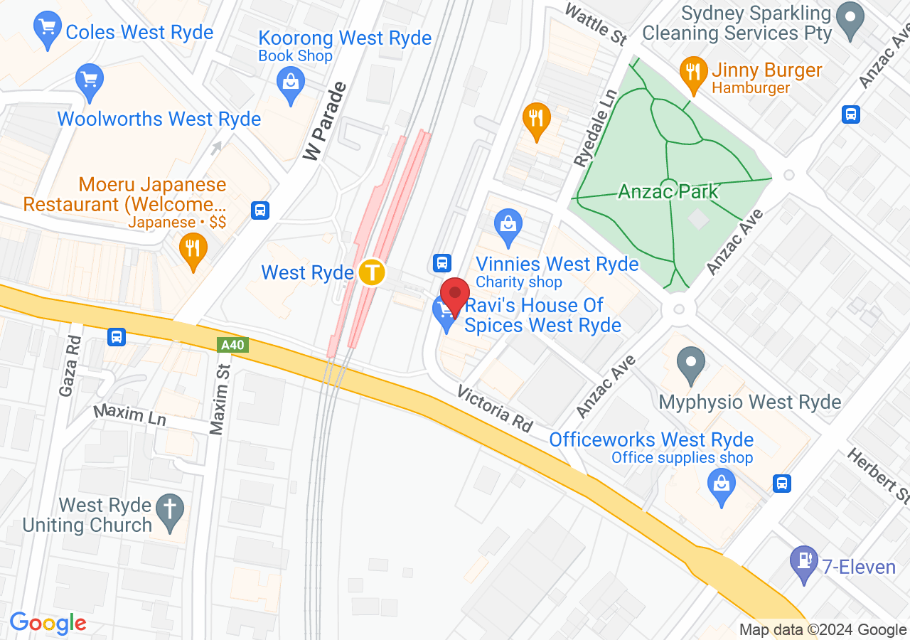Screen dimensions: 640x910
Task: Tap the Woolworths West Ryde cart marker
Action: coord(90,80)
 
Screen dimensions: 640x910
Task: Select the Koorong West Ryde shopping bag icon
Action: coord(290,82)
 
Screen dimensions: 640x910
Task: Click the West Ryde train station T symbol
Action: coord(371,272)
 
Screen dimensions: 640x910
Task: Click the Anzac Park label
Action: coord(668,191)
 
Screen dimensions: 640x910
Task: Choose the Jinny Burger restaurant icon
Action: coord(692,73)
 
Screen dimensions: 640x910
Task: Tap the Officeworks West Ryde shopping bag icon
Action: coord(722,487)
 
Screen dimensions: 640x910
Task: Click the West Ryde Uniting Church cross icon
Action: coord(170,511)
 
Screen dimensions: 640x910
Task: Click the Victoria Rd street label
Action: coord(495,409)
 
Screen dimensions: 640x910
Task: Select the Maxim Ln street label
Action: coord(129,415)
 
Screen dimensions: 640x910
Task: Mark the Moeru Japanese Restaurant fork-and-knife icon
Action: coord(192,250)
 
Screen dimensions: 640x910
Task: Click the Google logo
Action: coord(48,624)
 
